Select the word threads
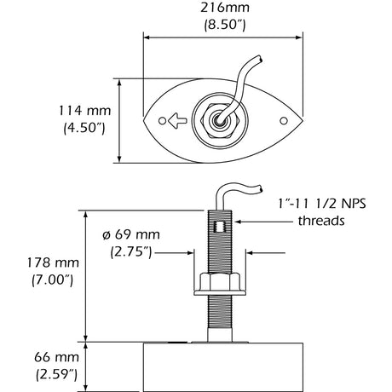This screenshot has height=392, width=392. point(322,221)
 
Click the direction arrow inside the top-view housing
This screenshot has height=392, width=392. point(176,120)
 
